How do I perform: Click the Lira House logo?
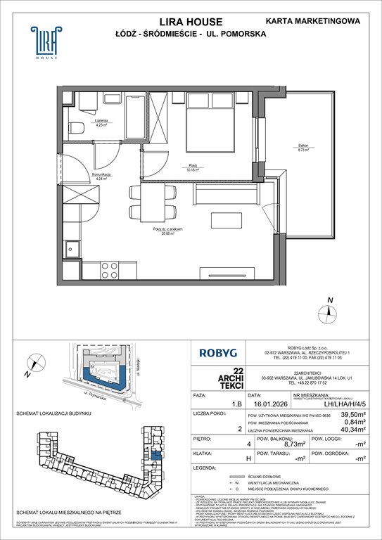click(x=44, y=44)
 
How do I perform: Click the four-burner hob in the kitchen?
click(x=110, y=269)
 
